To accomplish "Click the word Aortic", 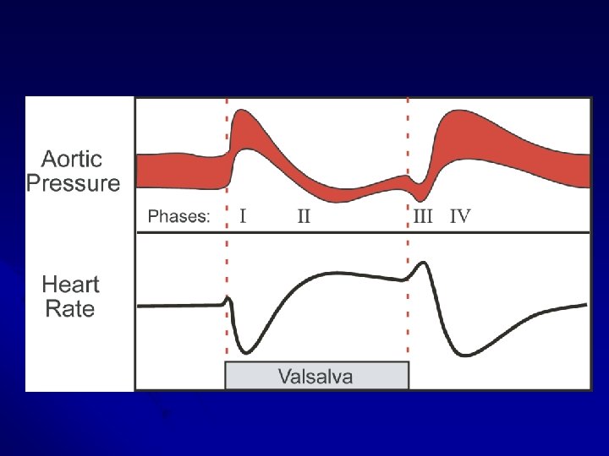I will coord(73,159).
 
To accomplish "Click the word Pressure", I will coord(73,182).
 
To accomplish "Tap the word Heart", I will coord(71,285).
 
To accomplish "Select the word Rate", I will coord(70,308).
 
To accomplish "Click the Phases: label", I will coord(178,217).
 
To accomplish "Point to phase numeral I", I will coord(244,217).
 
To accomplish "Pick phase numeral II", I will coord(303,217).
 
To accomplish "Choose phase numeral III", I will coord(423,217).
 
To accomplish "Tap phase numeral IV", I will coord(460,217).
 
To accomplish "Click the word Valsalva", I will coord(317,376).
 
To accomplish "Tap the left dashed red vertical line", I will coord(227,253).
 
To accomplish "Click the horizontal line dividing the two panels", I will coord(364,232).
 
